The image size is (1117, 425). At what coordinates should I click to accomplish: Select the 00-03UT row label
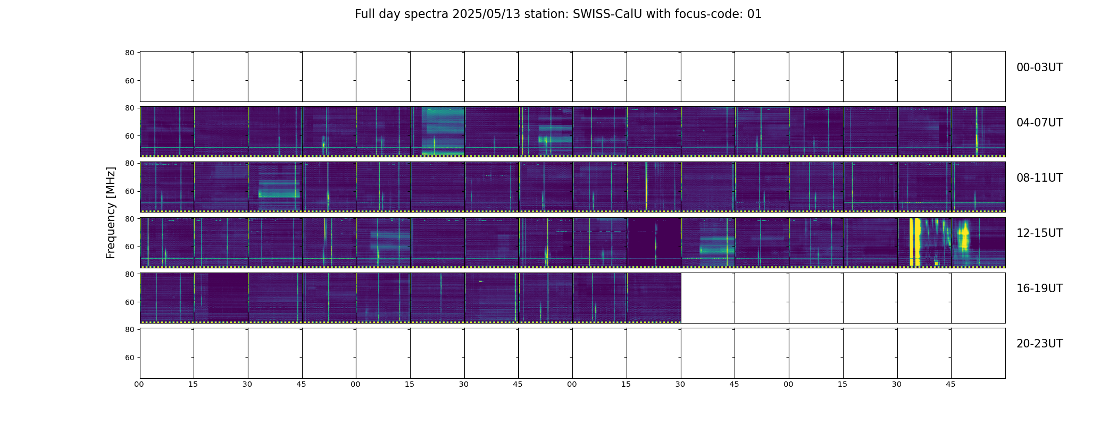(1039, 67)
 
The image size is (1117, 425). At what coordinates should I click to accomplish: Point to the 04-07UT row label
(1039, 123)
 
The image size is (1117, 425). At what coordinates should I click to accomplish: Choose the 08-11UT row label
(1039, 178)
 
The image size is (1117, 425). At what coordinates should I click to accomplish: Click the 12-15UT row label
(1039, 233)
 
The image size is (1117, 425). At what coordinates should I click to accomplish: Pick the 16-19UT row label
(1039, 288)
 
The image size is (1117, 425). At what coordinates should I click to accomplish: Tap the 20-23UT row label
(1039, 344)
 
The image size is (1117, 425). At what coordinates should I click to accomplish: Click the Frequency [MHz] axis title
(111, 212)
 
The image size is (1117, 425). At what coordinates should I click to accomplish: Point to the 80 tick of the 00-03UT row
(129, 53)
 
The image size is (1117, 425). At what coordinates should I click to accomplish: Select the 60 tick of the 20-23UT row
(129, 358)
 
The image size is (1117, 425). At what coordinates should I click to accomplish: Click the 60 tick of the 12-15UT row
(129, 246)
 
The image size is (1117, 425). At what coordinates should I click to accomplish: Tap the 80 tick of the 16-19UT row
(129, 274)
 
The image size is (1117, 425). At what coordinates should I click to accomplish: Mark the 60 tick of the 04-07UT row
(129, 136)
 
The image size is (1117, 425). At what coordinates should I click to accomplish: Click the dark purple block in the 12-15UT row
(654, 242)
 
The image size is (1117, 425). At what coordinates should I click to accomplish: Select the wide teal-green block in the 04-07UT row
(443, 131)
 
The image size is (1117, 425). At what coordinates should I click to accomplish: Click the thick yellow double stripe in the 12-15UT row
(915, 242)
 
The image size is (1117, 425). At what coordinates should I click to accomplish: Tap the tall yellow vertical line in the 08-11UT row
(646, 186)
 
